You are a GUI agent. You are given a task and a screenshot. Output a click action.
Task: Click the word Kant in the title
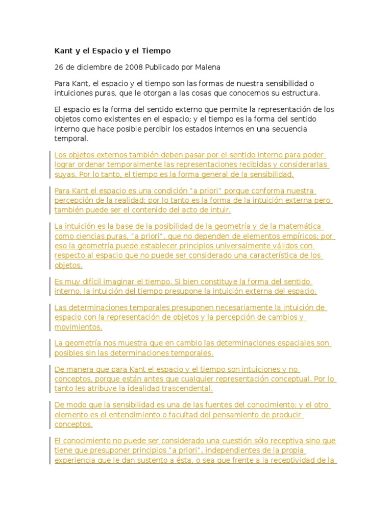tap(64, 51)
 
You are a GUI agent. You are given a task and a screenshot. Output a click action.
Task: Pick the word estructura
tap(301, 93)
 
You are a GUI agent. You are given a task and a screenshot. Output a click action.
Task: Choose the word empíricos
tap(298, 236)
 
